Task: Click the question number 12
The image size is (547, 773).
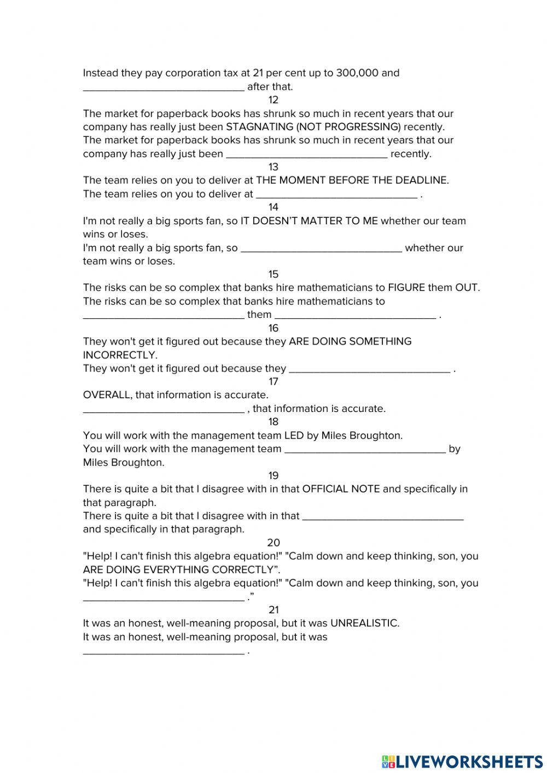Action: coord(273,100)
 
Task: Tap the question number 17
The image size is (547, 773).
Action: coord(273,381)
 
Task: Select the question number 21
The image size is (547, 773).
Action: coord(273,609)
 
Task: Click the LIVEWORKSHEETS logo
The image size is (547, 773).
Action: coord(462,761)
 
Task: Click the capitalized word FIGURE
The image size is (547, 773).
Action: coord(406,288)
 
